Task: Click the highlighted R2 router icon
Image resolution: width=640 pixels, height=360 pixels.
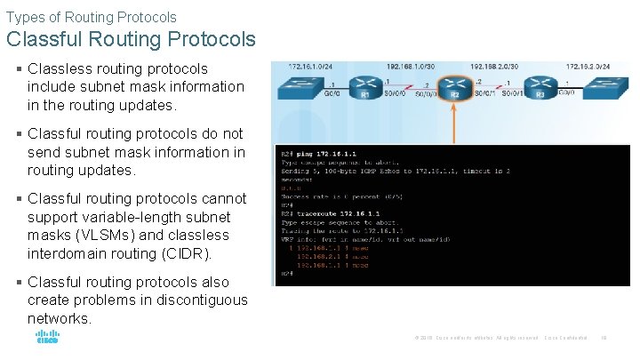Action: (x=454, y=89)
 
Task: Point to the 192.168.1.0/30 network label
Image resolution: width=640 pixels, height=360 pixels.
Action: (x=412, y=67)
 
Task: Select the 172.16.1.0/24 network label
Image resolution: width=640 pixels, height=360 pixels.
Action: (x=309, y=67)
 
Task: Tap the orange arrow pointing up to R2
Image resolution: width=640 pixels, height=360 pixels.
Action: (x=454, y=124)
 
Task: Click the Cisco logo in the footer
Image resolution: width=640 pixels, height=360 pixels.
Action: (x=46, y=337)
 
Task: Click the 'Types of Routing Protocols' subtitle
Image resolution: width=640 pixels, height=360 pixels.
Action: (x=92, y=17)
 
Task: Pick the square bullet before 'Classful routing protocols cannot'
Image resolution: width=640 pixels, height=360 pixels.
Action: (x=19, y=199)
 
